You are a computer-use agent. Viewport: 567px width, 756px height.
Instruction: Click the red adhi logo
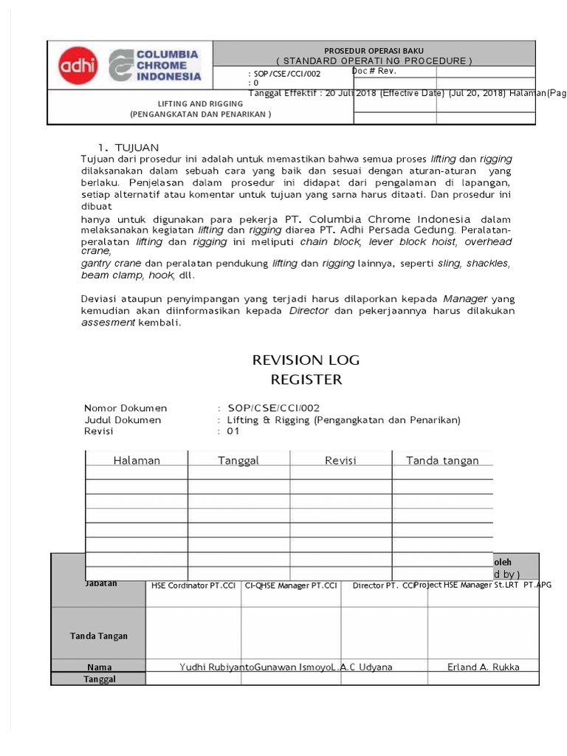point(77,65)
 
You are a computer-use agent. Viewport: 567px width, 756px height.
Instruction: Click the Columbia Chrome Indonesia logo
point(155,65)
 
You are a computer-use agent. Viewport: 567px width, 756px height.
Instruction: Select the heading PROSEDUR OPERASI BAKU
point(374,49)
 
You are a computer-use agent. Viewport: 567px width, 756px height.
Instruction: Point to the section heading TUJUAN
point(133,147)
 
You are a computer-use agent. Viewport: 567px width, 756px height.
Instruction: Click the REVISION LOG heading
point(306,360)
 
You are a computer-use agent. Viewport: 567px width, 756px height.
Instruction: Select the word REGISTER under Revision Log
point(306,379)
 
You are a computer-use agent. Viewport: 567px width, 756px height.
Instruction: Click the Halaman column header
point(137,460)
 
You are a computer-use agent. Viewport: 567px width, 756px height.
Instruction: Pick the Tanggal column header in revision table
point(238,460)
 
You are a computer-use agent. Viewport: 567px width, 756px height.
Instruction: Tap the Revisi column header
point(340,460)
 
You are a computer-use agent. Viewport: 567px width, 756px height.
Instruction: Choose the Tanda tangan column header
point(442,460)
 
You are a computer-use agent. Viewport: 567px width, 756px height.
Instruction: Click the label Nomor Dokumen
point(126,408)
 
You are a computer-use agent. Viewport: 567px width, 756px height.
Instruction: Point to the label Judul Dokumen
point(123,419)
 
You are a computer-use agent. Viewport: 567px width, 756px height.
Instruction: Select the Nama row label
point(98,667)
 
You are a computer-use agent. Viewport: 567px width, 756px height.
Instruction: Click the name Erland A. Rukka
point(484,667)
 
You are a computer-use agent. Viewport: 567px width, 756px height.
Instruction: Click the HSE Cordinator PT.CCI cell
point(193,585)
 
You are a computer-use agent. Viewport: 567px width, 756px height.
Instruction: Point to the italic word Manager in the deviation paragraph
point(465,298)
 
